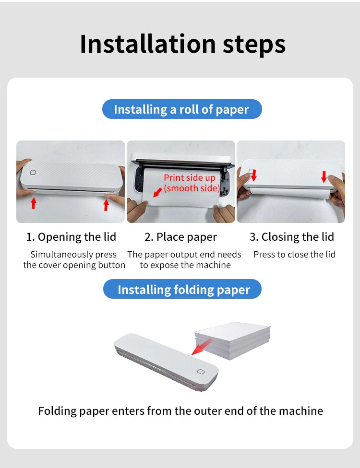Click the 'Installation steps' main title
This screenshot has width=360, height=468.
point(182,44)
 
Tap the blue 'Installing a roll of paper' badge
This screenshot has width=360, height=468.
point(181,109)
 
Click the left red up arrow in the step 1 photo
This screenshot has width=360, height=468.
point(33,203)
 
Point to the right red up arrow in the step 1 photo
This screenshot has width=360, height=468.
point(106,205)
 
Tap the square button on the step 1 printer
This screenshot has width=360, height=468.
point(33,173)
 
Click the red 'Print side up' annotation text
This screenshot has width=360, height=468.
point(190,178)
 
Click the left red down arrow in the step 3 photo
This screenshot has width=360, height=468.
point(253,175)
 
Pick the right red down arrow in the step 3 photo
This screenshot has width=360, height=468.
point(324,176)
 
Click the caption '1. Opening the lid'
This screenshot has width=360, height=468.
point(71,237)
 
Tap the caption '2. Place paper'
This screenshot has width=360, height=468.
point(181,237)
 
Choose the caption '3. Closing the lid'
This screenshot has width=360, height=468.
point(291,237)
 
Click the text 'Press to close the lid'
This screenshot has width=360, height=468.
point(294,255)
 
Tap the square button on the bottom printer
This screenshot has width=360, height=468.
point(200,372)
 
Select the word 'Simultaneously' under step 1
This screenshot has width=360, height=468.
point(60,255)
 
